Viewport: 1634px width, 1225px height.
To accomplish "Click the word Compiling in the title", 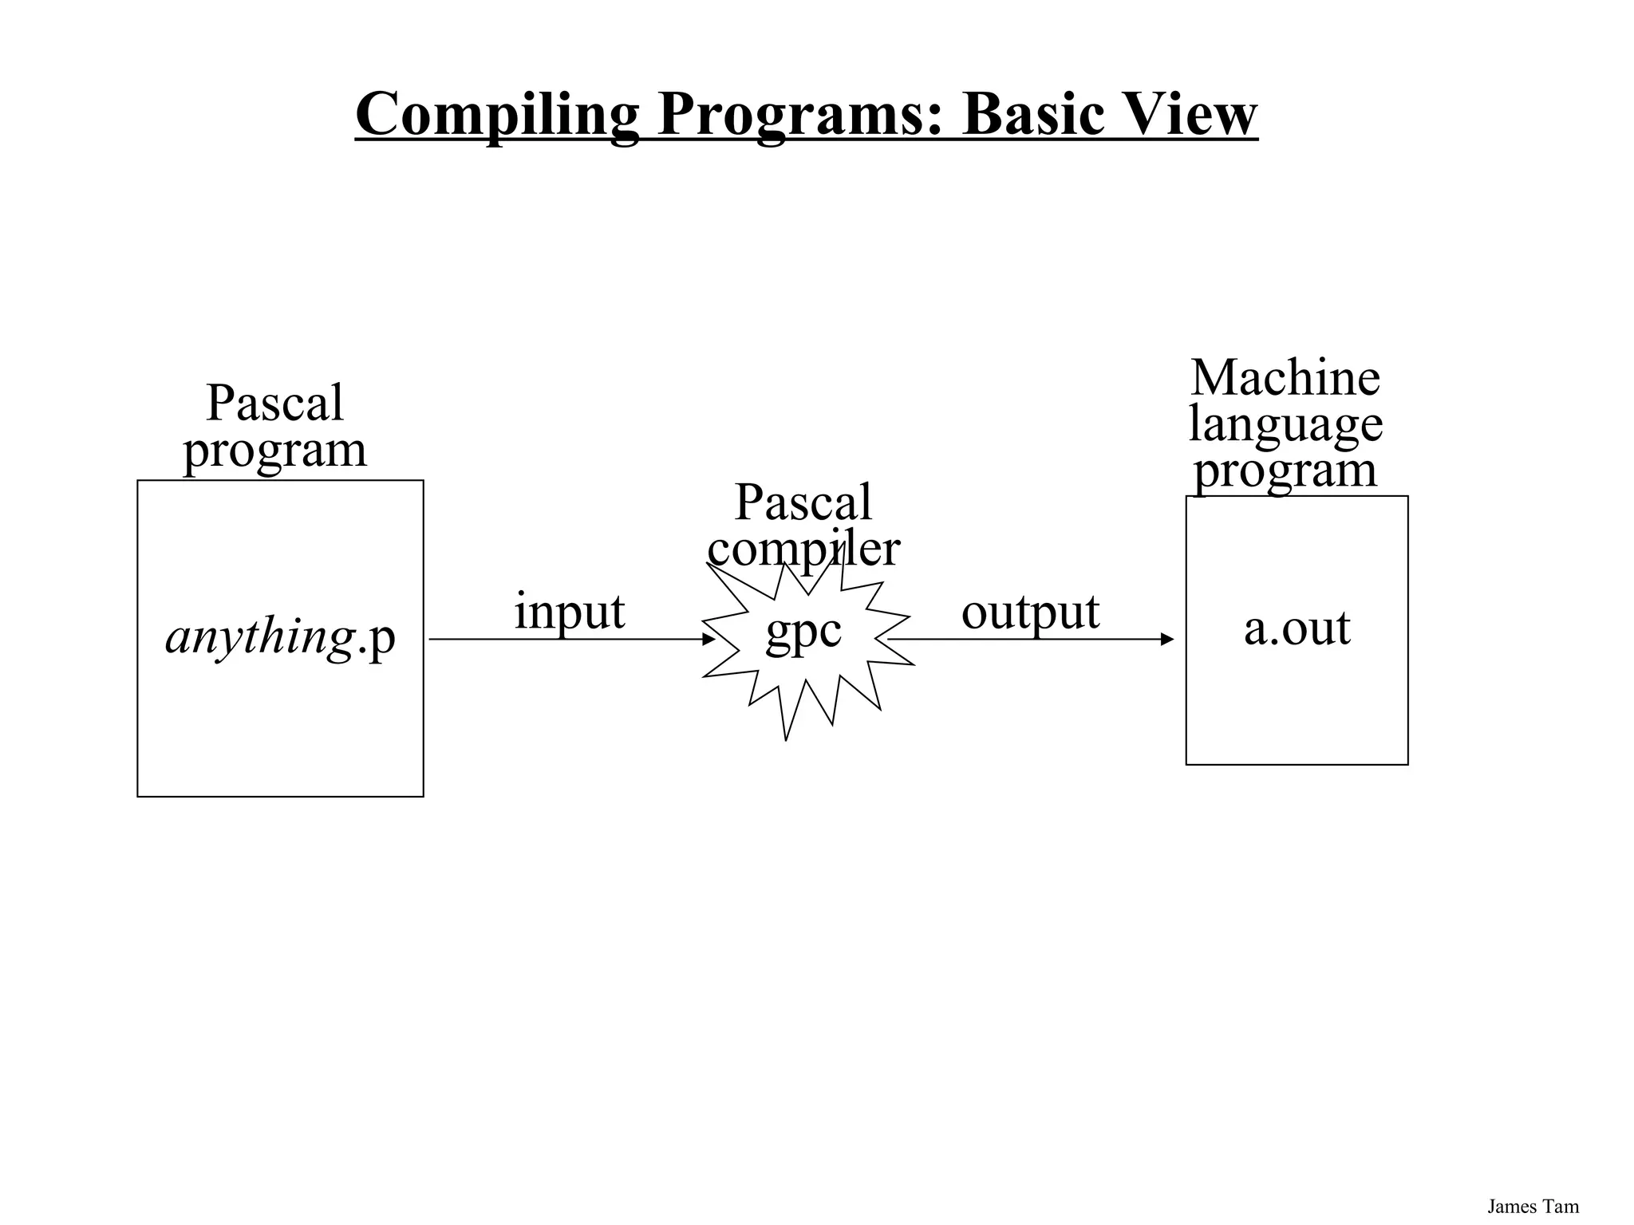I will pyautogui.click(x=496, y=114).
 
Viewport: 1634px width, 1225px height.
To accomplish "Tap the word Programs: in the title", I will pyautogui.click(x=800, y=114).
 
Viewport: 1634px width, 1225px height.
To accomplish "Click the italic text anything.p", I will pyautogui.click(x=280, y=637).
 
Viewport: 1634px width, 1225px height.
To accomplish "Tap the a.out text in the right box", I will pyautogui.click(x=1297, y=628).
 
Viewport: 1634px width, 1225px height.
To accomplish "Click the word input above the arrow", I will pyautogui.click(x=569, y=612).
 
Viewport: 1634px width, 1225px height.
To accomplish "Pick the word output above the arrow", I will pyautogui.click(x=1030, y=612).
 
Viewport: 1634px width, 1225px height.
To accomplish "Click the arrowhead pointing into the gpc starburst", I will pyautogui.click(x=708, y=639).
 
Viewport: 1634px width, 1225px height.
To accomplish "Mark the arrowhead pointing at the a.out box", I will pyautogui.click(x=1167, y=639).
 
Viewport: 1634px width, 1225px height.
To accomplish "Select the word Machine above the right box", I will pyautogui.click(x=1285, y=378).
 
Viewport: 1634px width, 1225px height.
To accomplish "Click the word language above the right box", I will pyautogui.click(x=1285, y=423).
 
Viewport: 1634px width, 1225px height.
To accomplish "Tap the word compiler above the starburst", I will pyautogui.click(x=803, y=549).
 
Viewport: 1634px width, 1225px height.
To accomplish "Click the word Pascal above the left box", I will pyautogui.click(x=274, y=403).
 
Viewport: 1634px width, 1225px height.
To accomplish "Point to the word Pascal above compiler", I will pyautogui.click(x=803, y=502).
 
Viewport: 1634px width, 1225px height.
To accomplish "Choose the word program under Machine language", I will pyautogui.click(x=1285, y=470).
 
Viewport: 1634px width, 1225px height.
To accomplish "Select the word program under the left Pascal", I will pyautogui.click(x=274, y=449).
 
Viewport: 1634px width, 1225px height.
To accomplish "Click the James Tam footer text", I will pyautogui.click(x=1533, y=1207).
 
